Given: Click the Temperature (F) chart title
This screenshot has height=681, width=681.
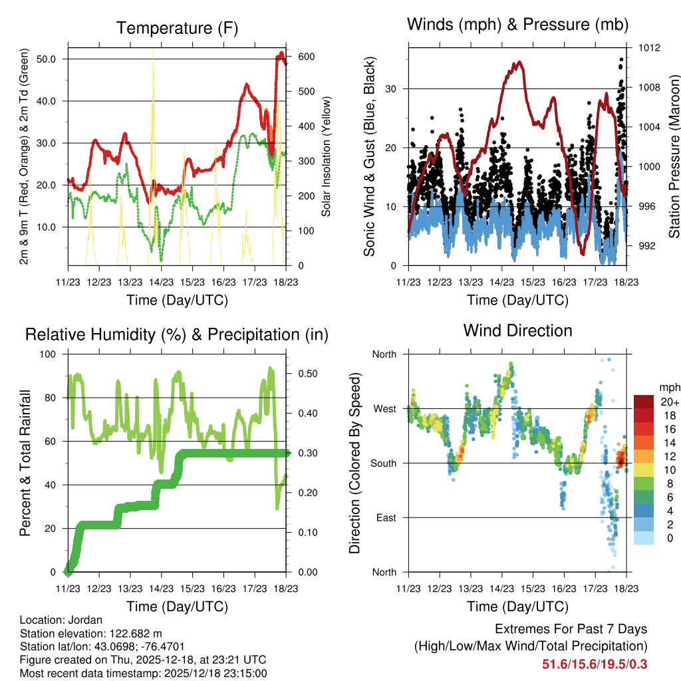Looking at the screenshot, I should pos(177,28).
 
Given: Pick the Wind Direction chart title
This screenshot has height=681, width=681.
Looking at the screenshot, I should pos(517,331).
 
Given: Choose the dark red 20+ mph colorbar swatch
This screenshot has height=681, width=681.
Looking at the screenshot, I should pos(643,402).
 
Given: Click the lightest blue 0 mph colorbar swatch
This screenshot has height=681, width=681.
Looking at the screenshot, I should pos(643,539).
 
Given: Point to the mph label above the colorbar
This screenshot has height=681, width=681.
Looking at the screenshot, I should pos(669,387).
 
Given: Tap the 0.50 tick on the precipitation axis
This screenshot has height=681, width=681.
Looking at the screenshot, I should pos(303,374).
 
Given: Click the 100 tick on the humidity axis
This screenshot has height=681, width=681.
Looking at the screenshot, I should pos(51,354).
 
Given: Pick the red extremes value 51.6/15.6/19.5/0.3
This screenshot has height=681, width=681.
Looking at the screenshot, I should pos(595,664).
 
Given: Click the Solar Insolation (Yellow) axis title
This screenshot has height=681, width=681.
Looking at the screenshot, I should pos(327,156).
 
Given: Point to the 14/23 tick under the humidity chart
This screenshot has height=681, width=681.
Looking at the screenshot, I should pos(161,589).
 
